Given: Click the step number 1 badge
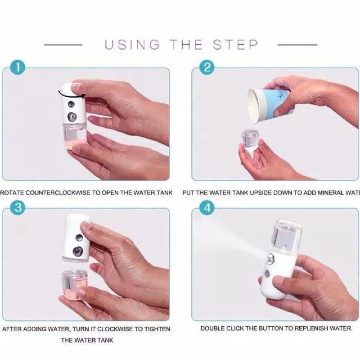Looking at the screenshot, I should pyautogui.click(x=18, y=68).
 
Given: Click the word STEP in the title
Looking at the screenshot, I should pyautogui.click(x=236, y=45).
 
